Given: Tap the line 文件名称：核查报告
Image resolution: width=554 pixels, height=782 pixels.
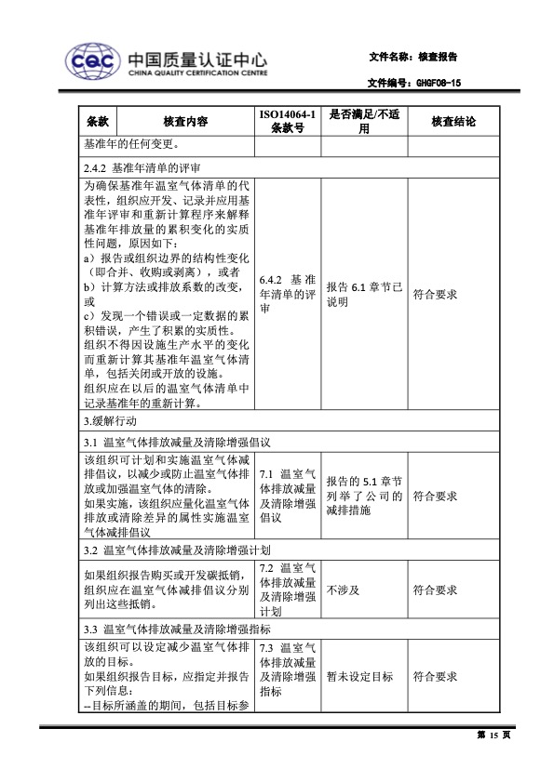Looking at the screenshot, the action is [x=412, y=57].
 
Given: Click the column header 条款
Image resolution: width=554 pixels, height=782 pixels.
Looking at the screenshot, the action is [x=98, y=122].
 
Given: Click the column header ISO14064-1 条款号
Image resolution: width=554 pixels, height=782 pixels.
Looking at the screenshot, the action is [x=288, y=122].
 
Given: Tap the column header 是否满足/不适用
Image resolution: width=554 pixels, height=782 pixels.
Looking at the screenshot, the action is [x=364, y=122].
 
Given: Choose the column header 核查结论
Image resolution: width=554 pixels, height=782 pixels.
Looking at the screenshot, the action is [x=453, y=122].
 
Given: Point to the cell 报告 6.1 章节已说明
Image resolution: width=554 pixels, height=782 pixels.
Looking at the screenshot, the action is [x=364, y=294].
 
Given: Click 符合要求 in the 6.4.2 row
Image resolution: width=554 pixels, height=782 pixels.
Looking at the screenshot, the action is [x=435, y=294].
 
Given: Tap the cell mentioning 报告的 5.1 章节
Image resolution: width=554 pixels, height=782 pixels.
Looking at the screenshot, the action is [x=364, y=496].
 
